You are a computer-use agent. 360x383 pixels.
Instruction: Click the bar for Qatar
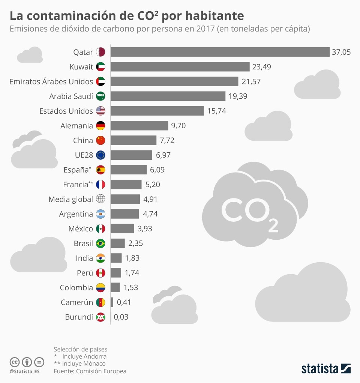[220, 52]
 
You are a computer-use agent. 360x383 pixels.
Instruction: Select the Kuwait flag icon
[100, 67]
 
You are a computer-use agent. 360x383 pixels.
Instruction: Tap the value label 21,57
[251, 81]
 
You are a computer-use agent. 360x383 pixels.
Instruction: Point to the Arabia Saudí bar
[168, 96]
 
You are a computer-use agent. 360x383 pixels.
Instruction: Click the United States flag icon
[100, 111]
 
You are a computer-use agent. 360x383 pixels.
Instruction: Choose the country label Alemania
[76, 126]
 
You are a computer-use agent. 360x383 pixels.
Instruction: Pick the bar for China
[133, 140]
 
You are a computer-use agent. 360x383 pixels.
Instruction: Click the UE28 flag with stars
[100, 155]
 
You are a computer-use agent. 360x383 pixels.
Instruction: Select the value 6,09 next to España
[157, 170]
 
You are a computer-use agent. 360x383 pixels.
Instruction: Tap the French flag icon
[100, 185]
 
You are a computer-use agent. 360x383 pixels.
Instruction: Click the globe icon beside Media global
[100, 199]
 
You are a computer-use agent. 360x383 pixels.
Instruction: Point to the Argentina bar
[124, 214]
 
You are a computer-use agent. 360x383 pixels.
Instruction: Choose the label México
[81, 228]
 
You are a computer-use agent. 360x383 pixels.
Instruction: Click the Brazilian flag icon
[100, 243]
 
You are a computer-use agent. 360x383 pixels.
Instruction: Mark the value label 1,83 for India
[132, 258]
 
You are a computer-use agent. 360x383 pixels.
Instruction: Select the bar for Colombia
[115, 287]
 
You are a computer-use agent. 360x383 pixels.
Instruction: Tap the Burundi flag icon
[100, 317]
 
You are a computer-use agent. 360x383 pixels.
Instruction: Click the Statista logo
[325, 368]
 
